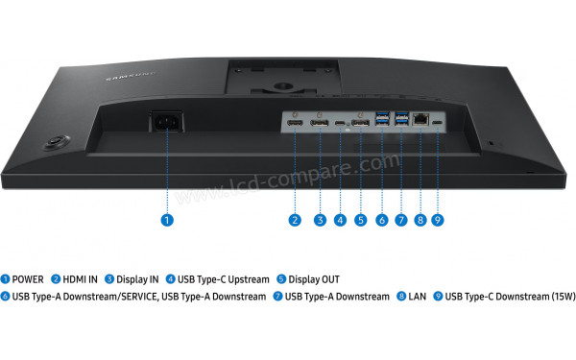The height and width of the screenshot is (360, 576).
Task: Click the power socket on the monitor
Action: (165, 125)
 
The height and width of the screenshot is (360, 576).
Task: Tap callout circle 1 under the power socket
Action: (166, 220)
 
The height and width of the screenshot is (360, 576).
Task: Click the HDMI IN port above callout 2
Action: (296, 126)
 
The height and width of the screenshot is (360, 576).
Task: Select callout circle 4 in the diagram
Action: (340, 220)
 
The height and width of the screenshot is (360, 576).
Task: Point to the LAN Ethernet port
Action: (420, 121)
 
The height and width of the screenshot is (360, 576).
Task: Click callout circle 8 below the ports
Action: (420, 220)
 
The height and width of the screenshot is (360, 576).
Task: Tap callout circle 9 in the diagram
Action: (438, 220)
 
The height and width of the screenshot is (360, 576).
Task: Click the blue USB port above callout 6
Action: (381, 123)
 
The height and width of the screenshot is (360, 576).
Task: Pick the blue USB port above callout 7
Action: (400, 122)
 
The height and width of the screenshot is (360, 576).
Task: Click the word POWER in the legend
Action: (28, 279)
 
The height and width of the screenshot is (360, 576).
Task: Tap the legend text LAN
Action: (417, 297)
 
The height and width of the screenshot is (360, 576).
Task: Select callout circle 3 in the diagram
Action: (320, 220)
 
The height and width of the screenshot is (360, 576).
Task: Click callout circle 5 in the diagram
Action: (360, 220)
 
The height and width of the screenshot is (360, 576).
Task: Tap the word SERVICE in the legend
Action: (126, 297)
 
